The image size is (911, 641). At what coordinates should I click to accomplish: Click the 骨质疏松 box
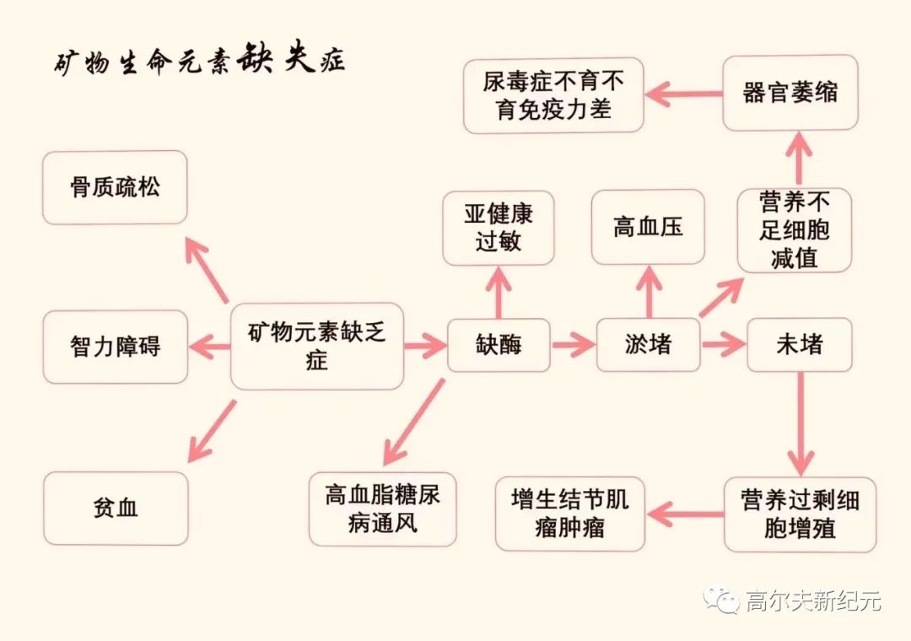click(115, 187)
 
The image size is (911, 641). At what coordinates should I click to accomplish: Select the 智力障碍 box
click(115, 346)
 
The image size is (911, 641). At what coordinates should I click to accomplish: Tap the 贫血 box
click(115, 508)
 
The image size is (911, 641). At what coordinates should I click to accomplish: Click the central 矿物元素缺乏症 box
click(316, 346)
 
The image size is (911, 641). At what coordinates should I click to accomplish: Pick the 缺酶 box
click(498, 345)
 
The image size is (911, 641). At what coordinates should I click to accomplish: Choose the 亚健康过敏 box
click(498, 228)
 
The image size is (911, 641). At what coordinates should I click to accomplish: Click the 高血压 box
click(648, 227)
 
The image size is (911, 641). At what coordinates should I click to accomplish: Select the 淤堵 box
click(648, 345)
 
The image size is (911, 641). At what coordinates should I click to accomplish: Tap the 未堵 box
click(799, 345)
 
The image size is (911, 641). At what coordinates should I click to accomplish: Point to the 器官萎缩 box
click(790, 93)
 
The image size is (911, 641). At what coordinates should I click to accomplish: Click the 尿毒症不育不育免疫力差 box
click(553, 95)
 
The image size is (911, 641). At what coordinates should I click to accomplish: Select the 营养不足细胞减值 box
click(794, 229)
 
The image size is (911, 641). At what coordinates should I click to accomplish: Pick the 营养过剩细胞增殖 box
click(800, 514)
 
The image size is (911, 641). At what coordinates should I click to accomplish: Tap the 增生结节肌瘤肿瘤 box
click(569, 514)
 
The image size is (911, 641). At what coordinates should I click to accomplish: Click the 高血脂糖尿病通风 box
click(382, 509)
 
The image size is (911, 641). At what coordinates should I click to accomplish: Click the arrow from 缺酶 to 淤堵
click(573, 345)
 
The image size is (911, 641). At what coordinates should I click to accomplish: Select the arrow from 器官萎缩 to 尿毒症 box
click(683, 94)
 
